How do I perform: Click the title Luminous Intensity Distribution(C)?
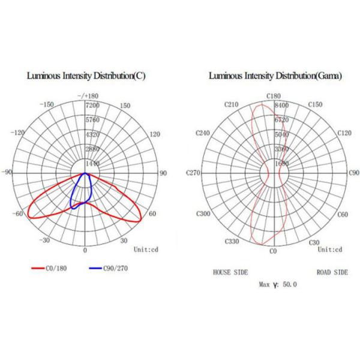[86, 76]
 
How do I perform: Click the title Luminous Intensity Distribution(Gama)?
[275, 76]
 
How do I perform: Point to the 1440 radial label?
[94, 163]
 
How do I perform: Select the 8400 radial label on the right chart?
[282, 105]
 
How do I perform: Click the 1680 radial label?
[282, 163]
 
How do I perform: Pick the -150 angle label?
[46, 105]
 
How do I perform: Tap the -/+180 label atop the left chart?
[88, 97]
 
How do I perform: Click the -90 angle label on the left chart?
[7, 173]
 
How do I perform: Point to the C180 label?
[274, 97]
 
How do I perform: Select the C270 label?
[193, 173]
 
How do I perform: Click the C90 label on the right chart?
[353, 173]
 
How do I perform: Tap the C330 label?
[231, 241]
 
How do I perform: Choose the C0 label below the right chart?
[274, 251]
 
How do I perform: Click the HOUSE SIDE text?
[230, 272]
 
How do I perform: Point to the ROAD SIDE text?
[332, 272]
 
